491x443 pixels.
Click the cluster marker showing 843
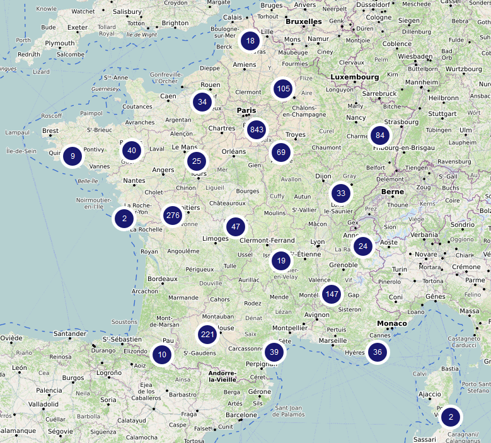(256, 130)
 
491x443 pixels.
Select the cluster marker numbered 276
(172, 216)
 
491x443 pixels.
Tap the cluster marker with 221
(207, 335)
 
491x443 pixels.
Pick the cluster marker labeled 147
(332, 294)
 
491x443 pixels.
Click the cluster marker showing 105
(283, 89)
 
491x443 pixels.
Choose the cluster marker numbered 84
(379, 135)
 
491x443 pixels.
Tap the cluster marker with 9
(72, 156)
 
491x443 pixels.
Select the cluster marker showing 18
(250, 42)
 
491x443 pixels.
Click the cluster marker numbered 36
(377, 352)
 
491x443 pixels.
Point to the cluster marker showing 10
(162, 355)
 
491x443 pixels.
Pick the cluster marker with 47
(236, 227)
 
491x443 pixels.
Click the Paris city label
(247, 111)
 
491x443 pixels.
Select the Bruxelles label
(303, 21)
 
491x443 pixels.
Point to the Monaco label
(391, 324)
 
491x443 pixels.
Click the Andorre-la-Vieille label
(231, 380)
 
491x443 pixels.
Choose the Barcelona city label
(241, 415)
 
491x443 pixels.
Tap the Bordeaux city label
(163, 279)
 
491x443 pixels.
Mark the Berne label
(392, 192)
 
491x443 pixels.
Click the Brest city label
(50, 131)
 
